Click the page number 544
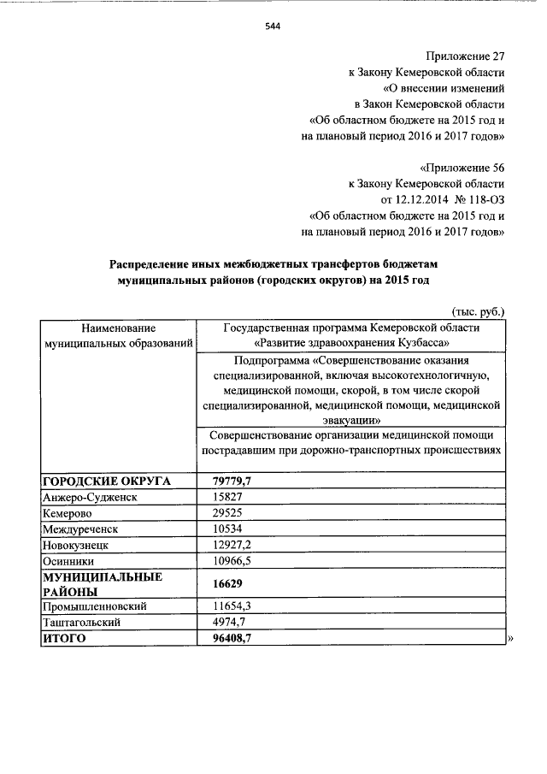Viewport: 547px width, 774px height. pos(273,26)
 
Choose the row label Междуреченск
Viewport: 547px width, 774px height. pos(82,529)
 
